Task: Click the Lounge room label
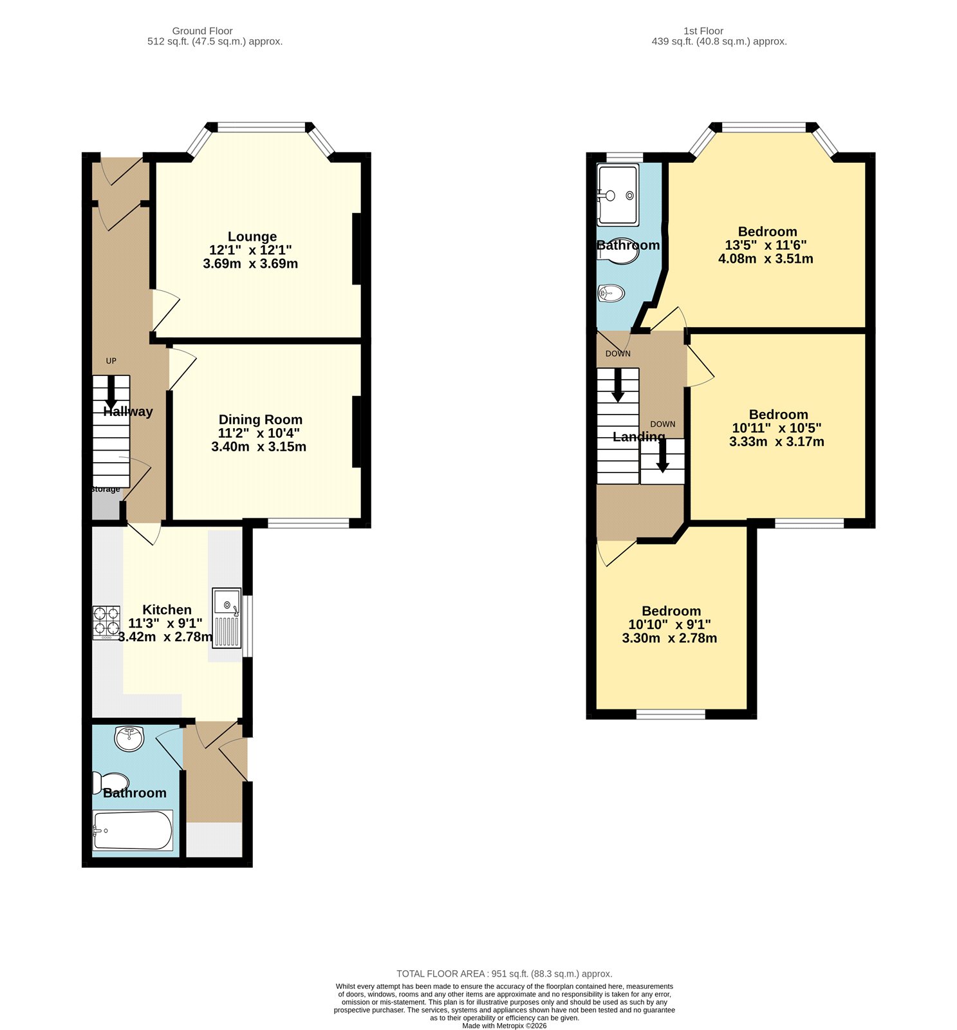pos(252,236)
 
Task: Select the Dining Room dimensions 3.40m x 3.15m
pos(259,447)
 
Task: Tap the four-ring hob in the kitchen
pos(106,622)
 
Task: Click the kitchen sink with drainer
pos(227,618)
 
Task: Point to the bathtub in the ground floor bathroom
pos(133,830)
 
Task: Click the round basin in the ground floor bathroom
pos(129,738)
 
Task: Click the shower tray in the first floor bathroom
pos(618,195)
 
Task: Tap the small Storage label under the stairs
pos(106,489)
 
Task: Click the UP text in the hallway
pos(111,361)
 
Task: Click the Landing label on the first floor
pos(638,436)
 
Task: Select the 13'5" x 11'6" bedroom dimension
pos(765,245)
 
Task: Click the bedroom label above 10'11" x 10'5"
pos(778,415)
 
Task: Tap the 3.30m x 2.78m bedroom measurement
pos(669,639)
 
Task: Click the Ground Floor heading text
pos(202,31)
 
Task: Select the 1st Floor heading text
pos(703,31)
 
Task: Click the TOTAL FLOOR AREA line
pos(504,974)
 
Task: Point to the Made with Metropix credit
pos(504,1025)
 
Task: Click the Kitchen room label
pos(167,610)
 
